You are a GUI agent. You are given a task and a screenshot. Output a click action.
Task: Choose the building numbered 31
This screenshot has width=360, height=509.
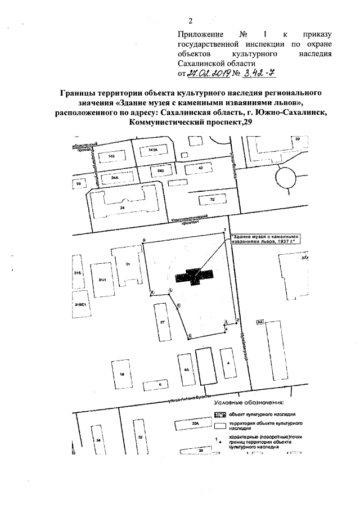[128, 263]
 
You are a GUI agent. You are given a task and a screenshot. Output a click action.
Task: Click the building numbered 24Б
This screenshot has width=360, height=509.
[161, 169]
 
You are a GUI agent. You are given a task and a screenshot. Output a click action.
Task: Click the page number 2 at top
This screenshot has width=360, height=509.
[190, 21]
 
